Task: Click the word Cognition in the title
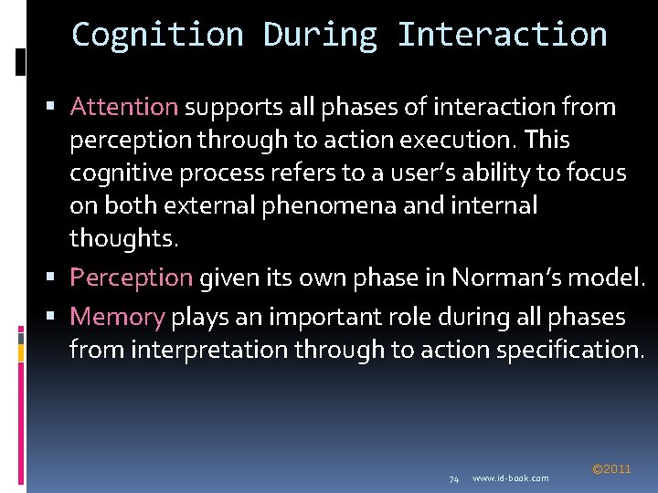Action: coord(157,35)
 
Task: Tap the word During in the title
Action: coord(320,35)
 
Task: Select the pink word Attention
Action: coord(124,107)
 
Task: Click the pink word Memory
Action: coord(117,317)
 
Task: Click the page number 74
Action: coord(453,478)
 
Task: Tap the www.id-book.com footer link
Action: coord(511,478)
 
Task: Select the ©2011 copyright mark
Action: coord(611,468)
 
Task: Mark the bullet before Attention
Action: coord(57,108)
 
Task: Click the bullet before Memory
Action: coord(57,318)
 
